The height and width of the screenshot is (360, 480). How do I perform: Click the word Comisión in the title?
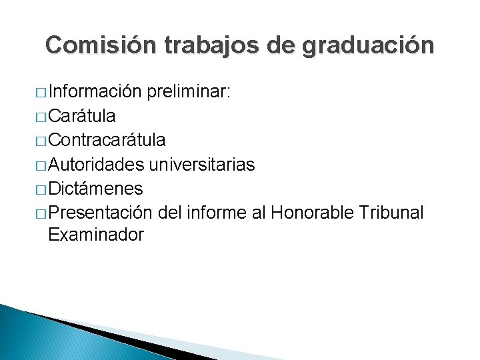point(101,45)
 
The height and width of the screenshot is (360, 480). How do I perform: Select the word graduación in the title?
point(368,45)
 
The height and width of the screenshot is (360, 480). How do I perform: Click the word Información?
point(94,92)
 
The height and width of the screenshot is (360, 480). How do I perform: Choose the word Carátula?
point(82,116)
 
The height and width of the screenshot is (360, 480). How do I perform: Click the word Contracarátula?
point(107,140)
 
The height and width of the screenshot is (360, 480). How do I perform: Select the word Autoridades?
point(98,164)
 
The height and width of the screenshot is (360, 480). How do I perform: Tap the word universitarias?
point(203,164)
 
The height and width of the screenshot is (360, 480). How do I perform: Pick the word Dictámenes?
point(95,188)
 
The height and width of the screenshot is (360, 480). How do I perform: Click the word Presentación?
point(102,212)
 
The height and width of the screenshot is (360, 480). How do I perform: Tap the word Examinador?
point(96,235)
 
